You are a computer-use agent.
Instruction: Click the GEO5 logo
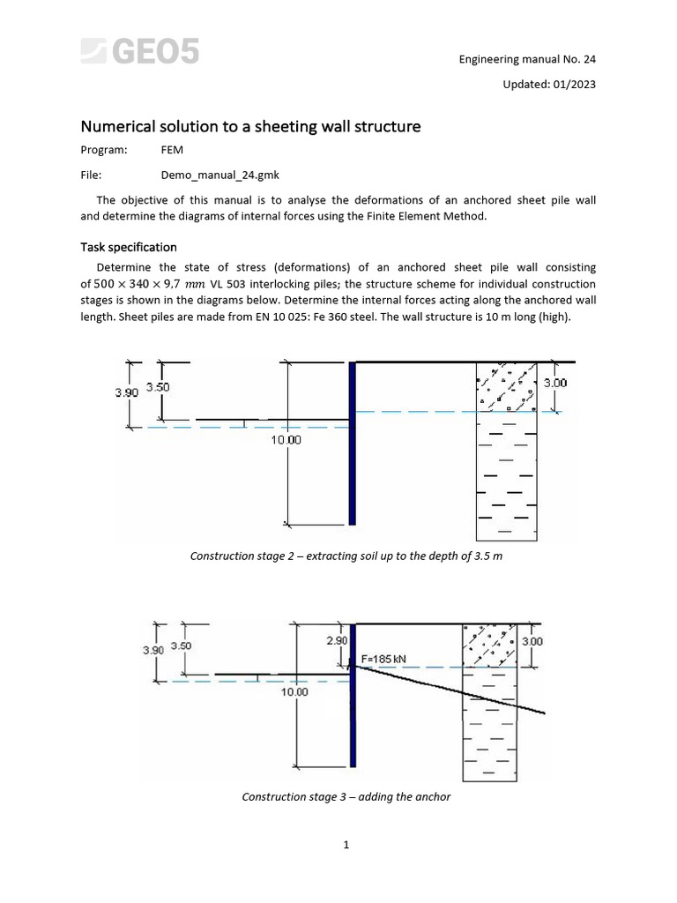140,52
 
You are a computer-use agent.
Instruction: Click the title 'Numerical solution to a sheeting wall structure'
250,127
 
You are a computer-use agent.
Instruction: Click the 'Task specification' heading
129,247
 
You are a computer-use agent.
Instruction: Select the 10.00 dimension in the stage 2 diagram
286,439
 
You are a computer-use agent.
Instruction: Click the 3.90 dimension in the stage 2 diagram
127,393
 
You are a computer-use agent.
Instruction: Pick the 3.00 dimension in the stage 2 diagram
555,383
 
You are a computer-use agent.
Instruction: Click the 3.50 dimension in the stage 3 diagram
181,646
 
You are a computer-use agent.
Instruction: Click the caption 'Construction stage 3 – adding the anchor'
346,796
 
